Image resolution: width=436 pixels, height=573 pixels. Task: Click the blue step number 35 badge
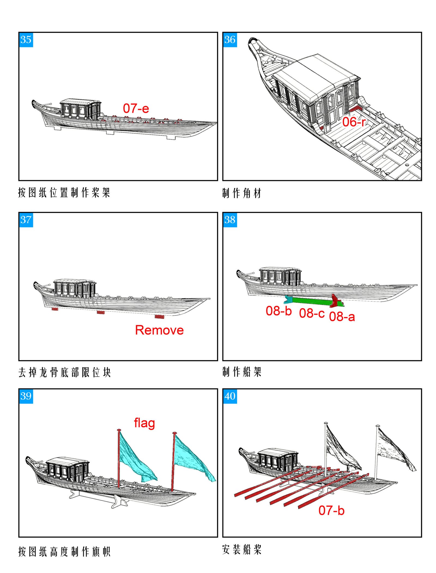click(x=26, y=40)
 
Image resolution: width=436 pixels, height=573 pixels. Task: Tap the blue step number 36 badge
click(x=230, y=40)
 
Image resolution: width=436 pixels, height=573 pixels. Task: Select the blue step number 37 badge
click(x=26, y=220)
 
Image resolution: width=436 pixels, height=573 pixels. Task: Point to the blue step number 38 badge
click(x=230, y=220)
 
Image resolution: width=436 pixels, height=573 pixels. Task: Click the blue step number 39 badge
click(x=26, y=396)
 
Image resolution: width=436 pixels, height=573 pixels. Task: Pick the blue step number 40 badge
click(x=230, y=396)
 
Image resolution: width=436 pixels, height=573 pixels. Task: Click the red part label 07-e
click(x=136, y=108)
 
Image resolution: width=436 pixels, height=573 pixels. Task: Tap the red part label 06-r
click(x=353, y=122)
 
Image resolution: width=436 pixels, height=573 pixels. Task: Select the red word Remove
click(x=159, y=330)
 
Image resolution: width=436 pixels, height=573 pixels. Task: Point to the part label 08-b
click(x=278, y=311)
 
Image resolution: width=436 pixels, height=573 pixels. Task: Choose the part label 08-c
click(x=311, y=313)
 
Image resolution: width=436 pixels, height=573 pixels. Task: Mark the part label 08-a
click(x=342, y=317)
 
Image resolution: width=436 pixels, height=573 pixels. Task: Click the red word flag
click(x=144, y=423)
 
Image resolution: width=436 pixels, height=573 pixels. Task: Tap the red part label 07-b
click(x=331, y=510)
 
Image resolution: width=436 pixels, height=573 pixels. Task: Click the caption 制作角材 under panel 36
click(x=241, y=193)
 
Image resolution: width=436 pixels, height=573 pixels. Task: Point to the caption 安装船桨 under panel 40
click(x=241, y=549)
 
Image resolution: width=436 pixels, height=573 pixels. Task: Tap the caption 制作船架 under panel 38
click(x=241, y=372)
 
